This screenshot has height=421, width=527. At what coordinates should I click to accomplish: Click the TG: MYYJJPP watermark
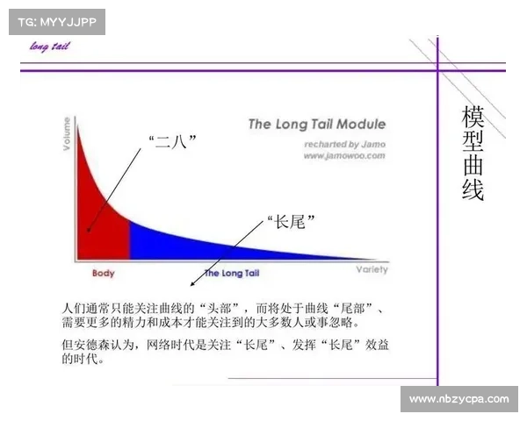coord(55,22)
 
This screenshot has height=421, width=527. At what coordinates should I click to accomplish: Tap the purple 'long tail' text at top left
coord(50,46)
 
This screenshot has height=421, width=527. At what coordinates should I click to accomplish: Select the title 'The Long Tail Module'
coord(316,125)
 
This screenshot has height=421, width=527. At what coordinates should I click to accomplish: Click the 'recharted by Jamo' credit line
coord(345,143)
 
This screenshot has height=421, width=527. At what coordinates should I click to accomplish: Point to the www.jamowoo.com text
coord(344,155)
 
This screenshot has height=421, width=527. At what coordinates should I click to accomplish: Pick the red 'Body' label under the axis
coord(103,274)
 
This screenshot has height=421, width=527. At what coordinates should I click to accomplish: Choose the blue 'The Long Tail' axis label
coord(232,274)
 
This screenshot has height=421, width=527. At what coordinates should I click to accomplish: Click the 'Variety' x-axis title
coord(372,269)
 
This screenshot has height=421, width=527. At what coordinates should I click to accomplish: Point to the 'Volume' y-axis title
coord(68,135)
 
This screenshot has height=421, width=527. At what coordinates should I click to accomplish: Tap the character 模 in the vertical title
coord(473,118)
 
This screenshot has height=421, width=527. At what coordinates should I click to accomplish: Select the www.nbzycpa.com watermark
coord(459,399)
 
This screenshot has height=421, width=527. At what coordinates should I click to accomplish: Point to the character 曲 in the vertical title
coord(473,167)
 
